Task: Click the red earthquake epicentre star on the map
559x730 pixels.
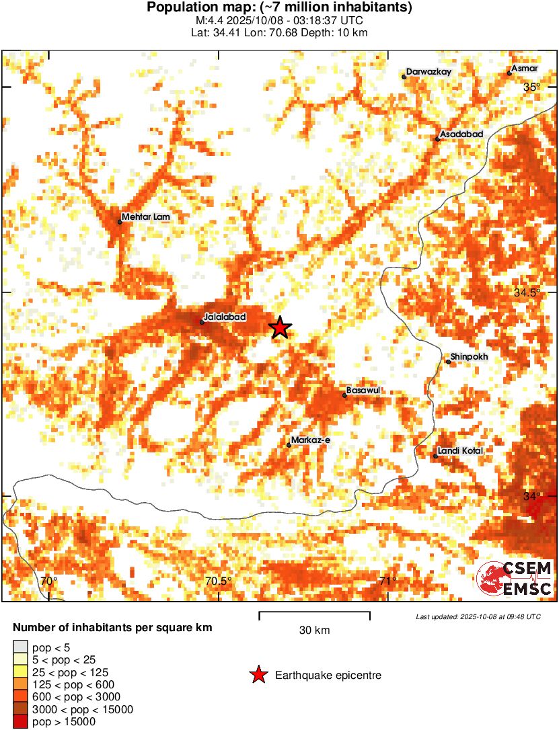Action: click(281, 327)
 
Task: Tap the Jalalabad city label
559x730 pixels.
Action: click(225, 317)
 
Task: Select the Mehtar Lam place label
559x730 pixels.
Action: click(146, 217)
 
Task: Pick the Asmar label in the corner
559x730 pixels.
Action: click(524, 69)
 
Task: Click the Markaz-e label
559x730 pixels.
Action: click(309, 440)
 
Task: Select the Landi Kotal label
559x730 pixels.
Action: click(460, 451)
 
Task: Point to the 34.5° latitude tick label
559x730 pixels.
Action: click(528, 292)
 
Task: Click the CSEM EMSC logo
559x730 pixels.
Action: click(515, 578)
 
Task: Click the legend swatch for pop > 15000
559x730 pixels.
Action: click(20, 722)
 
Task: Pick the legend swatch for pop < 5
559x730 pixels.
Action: click(20, 648)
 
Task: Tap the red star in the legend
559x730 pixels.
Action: click(258, 676)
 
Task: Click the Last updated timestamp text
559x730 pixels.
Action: click(478, 616)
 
